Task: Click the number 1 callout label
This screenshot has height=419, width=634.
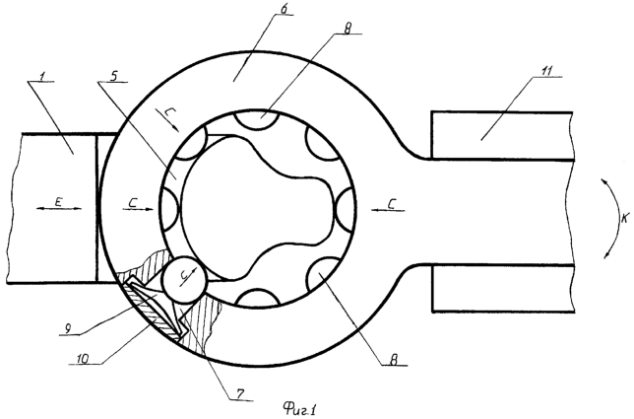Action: click(x=42, y=76)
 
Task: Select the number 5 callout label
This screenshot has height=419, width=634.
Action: click(x=113, y=77)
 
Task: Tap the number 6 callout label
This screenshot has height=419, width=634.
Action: click(x=285, y=9)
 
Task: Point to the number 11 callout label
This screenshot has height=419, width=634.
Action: click(x=547, y=70)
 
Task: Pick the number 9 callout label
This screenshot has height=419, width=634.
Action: click(x=68, y=329)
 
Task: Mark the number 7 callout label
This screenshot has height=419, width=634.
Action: click(x=240, y=393)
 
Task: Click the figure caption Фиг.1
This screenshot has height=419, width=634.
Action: click(x=299, y=409)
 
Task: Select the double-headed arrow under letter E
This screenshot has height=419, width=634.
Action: click(x=59, y=208)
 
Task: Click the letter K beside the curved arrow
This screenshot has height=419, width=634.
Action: click(x=625, y=219)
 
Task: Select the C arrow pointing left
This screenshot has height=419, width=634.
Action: click(x=389, y=209)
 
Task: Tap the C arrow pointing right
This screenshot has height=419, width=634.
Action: click(x=138, y=209)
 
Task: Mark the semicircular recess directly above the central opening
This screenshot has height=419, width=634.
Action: click(x=258, y=120)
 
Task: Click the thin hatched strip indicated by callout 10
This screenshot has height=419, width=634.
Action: click(x=151, y=309)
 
